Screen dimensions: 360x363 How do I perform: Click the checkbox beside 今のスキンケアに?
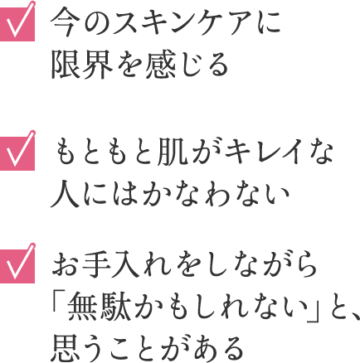17,24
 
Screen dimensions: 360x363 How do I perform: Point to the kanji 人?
64,194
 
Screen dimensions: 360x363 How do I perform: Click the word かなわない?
215,194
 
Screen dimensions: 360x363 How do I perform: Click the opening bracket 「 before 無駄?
57,307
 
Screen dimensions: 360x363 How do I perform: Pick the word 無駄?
98,307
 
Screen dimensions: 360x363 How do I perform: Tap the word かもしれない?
220,307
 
